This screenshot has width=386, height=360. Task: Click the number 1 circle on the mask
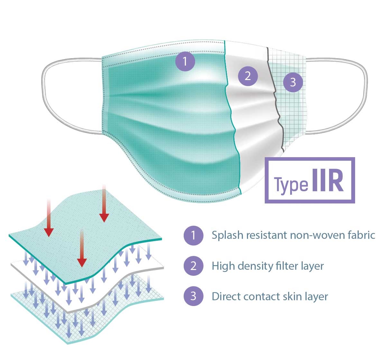[x=185, y=61]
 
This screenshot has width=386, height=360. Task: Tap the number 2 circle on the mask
[x=248, y=76]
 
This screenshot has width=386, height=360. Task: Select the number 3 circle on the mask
[x=293, y=82]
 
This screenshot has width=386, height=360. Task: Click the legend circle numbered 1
[x=193, y=235]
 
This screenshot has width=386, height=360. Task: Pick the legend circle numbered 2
[x=193, y=266]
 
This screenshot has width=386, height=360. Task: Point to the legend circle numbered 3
[x=193, y=296]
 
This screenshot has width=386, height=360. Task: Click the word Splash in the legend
[x=227, y=235]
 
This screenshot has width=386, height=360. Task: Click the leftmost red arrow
[x=49, y=219]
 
